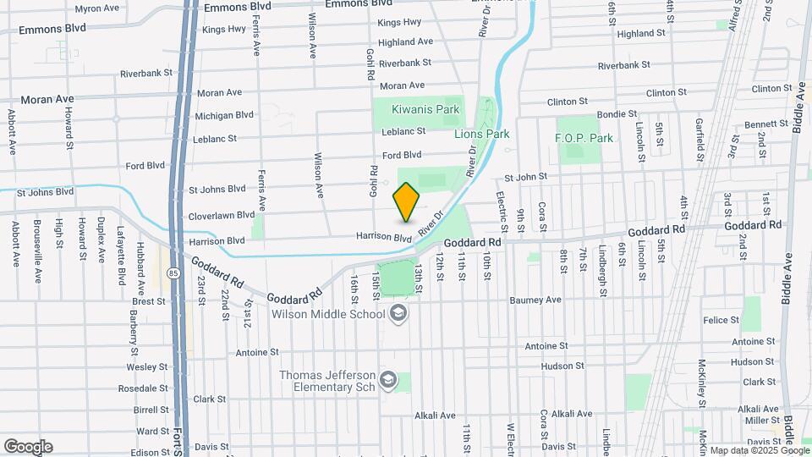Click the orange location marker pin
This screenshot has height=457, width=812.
(407, 202)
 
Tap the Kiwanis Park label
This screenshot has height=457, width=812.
(425, 109)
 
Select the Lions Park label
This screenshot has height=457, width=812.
(482, 134)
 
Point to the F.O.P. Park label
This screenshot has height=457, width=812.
(584, 138)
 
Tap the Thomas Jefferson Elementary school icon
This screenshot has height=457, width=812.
(388, 378)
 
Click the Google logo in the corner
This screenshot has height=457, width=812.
(28, 446)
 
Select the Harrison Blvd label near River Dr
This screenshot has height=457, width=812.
(383, 237)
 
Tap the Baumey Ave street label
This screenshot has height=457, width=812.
(535, 300)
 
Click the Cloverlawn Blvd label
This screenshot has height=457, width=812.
(221, 216)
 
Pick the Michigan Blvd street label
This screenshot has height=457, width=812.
(224, 115)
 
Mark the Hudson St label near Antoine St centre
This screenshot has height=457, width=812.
(557, 366)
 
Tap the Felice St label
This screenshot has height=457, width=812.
(721, 320)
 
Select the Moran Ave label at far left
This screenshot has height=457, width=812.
(47, 99)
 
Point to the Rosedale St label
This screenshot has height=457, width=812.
(143, 388)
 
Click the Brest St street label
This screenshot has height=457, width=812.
(149, 300)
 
